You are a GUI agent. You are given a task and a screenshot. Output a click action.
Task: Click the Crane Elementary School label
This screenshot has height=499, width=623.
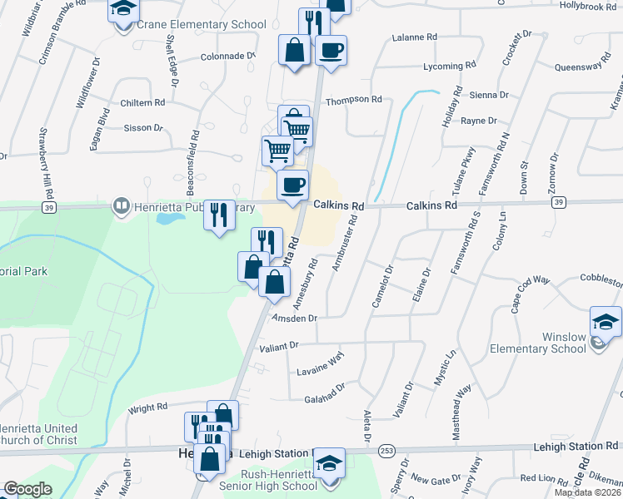(x=201, y=25)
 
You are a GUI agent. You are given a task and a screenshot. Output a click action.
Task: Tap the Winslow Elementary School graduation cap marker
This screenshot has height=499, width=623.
(x=606, y=321)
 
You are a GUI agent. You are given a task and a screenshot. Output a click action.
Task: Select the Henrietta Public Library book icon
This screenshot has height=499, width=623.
(x=122, y=205)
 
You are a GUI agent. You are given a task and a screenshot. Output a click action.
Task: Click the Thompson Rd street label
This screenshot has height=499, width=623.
(x=353, y=100)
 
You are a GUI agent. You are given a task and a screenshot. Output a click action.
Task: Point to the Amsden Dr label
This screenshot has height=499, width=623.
(x=294, y=319)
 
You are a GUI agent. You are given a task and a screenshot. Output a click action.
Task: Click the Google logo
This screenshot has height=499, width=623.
(x=27, y=489)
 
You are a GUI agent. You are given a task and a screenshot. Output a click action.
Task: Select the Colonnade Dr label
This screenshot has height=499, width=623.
(x=227, y=57)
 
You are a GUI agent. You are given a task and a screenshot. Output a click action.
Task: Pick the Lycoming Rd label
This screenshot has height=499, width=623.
(x=449, y=65)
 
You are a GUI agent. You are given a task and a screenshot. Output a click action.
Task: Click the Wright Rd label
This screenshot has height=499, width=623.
(x=148, y=408)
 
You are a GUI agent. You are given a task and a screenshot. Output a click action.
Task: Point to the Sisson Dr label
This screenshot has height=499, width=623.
(x=142, y=127)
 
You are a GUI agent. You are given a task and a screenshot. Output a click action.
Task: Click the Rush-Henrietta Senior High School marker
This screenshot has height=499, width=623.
(x=330, y=462)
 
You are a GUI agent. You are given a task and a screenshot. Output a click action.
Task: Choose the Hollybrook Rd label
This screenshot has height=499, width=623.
(x=587, y=6)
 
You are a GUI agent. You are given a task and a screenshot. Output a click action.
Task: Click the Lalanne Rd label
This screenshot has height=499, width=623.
(x=414, y=37)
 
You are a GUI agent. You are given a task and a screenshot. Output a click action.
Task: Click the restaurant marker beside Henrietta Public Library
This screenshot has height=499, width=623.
(x=219, y=215)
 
